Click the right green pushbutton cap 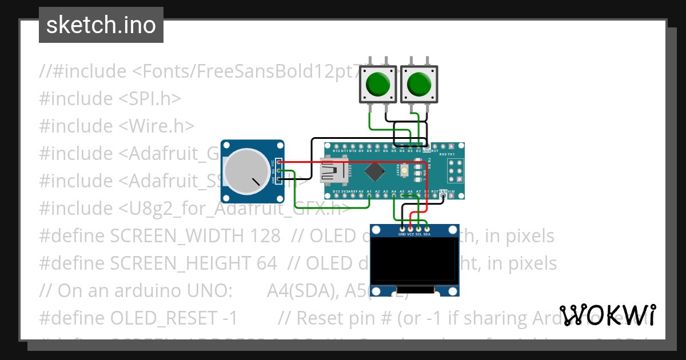click(418, 84)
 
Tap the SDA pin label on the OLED click(426, 234)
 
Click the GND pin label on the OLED click(402, 234)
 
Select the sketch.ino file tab click(101, 25)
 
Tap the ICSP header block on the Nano click(456, 170)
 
